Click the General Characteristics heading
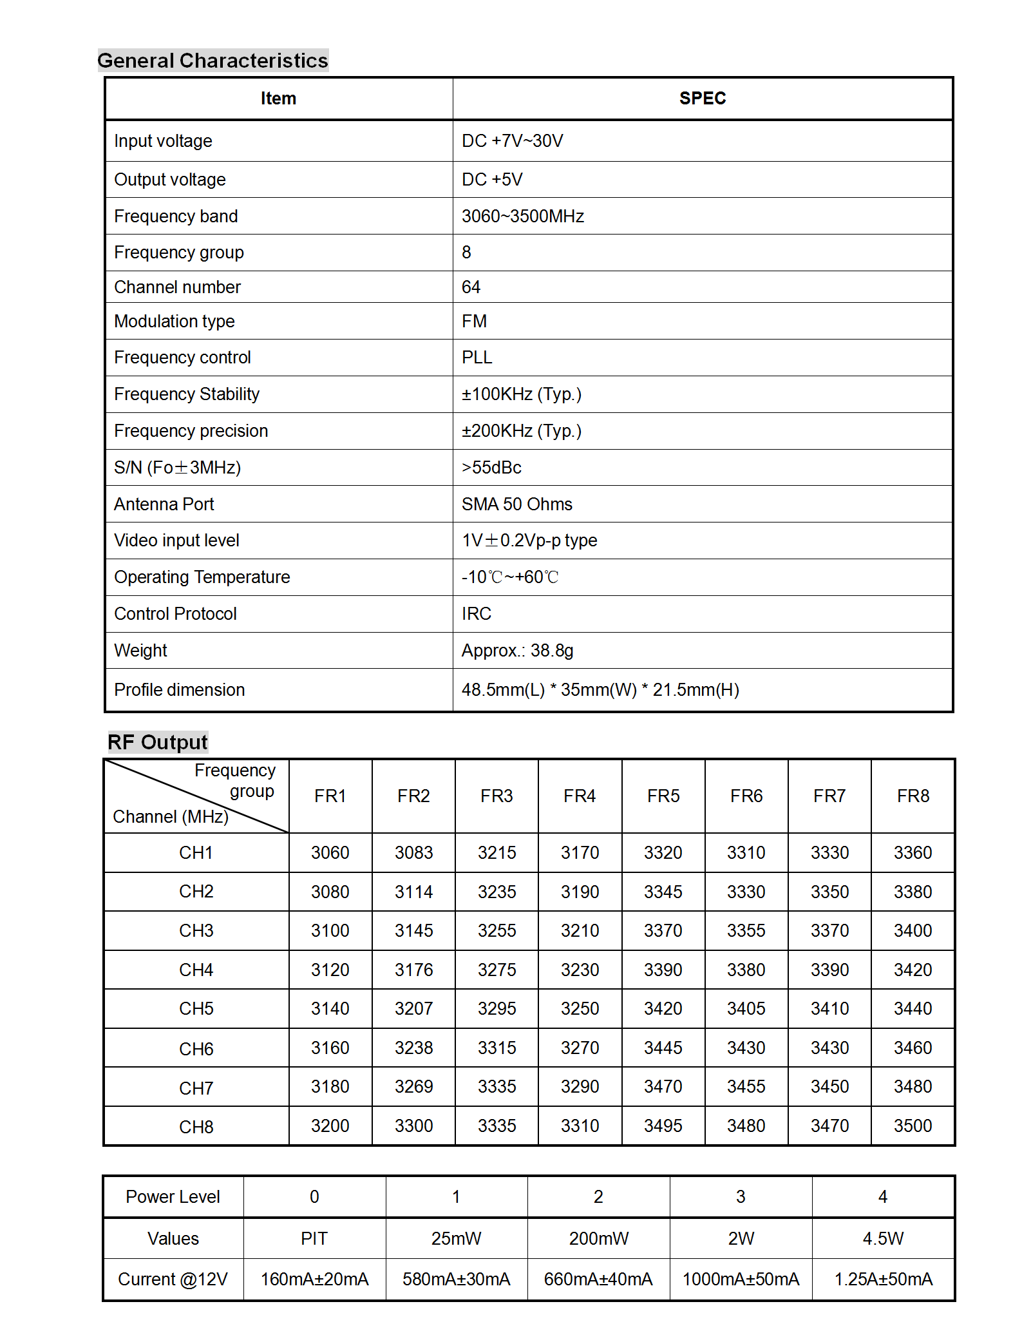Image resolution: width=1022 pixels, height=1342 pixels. (213, 61)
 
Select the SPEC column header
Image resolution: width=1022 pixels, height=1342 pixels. (702, 99)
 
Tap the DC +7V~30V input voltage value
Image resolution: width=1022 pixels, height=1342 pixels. (512, 141)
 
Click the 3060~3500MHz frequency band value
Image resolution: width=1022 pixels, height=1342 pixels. (522, 216)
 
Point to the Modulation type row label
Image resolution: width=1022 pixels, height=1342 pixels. (175, 321)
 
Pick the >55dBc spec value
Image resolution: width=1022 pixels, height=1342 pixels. (491, 468)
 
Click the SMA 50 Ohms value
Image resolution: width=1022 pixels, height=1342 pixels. (516, 504)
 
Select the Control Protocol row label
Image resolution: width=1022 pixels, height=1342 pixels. (175, 614)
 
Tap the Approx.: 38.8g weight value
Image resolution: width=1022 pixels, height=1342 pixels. (517, 651)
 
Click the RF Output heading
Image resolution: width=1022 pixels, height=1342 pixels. (158, 742)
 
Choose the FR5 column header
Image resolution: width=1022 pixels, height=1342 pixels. (663, 796)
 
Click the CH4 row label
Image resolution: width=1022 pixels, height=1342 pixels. (196, 970)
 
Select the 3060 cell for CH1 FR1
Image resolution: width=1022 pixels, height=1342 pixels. (330, 853)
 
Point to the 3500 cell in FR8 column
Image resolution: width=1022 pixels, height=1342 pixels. (913, 1126)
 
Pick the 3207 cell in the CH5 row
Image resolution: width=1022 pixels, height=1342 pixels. (413, 1009)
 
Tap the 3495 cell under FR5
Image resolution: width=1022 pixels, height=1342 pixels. (663, 1126)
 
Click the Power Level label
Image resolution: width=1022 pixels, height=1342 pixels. (173, 1197)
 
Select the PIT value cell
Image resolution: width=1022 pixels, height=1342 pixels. (314, 1239)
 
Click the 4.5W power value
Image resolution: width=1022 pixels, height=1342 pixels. (883, 1239)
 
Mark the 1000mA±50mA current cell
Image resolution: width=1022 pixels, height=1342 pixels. (741, 1280)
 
